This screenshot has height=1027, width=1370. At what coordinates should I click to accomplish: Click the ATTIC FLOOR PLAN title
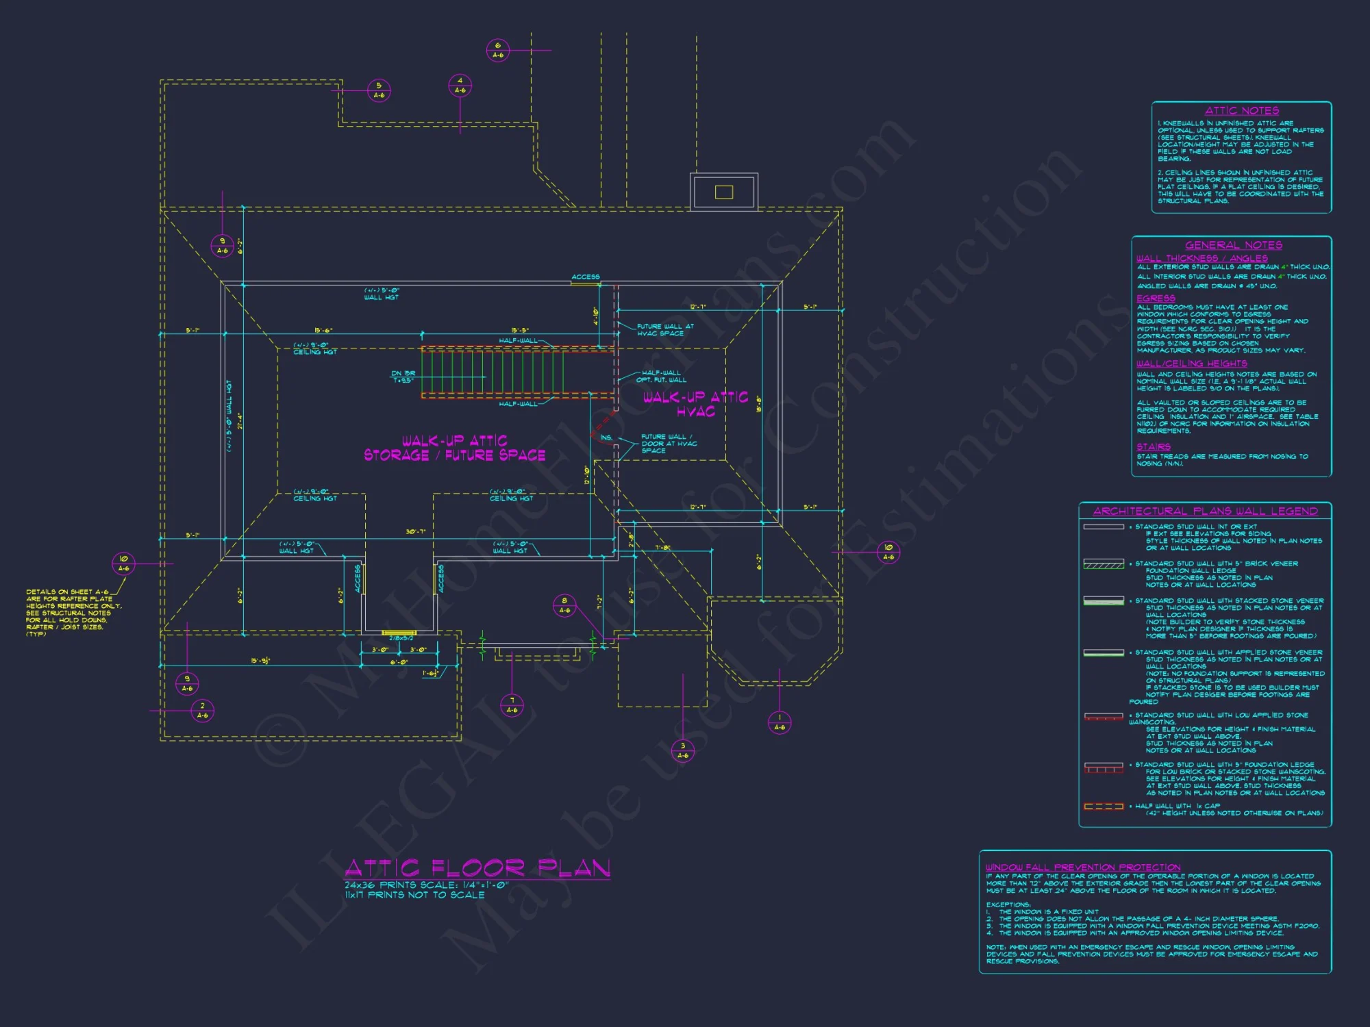[477, 868]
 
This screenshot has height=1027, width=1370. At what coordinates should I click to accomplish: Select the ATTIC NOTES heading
[1241, 111]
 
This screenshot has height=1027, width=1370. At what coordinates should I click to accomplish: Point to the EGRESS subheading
[1156, 299]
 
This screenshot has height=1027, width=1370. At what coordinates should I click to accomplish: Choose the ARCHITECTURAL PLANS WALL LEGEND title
[1205, 511]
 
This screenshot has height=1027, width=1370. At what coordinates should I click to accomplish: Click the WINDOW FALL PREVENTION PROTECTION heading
[1083, 867]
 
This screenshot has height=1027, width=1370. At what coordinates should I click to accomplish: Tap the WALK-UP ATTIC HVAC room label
[695, 404]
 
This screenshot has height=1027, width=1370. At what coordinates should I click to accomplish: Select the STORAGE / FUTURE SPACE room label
[454, 455]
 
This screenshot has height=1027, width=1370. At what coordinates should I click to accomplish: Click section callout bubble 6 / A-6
[498, 50]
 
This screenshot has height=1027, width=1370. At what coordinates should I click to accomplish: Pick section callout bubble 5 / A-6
[379, 90]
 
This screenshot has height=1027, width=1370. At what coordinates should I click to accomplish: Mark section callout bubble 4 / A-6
[460, 86]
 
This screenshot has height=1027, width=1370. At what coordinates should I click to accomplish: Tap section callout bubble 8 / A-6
[564, 605]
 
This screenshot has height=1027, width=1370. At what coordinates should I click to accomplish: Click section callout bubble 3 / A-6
[682, 751]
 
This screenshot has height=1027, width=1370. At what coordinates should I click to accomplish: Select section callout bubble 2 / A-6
[202, 710]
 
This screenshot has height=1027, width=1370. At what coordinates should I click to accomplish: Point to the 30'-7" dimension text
[415, 531]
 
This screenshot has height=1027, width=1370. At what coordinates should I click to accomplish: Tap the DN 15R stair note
[403, 377]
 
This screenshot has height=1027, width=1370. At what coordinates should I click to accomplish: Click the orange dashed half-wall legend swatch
[1104, 807]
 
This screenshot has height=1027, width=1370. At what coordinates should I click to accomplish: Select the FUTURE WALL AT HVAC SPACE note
[664, 330]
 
